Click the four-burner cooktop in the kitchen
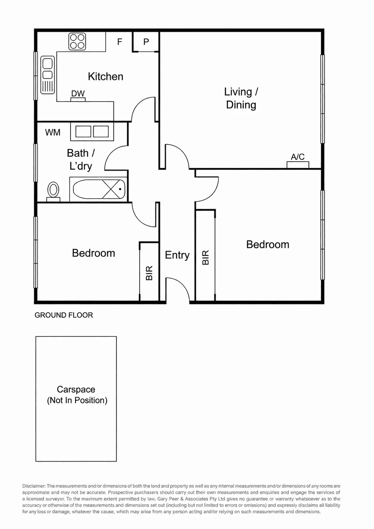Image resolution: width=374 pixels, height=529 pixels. [x=77, y=41]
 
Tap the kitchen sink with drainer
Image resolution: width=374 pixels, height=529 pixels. [x=48, y=75]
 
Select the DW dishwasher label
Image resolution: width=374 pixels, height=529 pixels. [x=78, y=94]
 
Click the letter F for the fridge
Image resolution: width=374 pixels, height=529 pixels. [x=119, y=42]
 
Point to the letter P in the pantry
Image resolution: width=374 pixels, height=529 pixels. [x=146, y=42]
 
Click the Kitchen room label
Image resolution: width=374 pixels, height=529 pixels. [x=106, y=77]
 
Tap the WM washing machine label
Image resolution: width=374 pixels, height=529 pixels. [x=53, y=132]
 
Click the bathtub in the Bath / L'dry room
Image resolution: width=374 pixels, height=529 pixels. [x=99, y=189]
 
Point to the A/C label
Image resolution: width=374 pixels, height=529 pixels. [x=297, y=156]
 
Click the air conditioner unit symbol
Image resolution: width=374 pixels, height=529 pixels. [x=298, y=165]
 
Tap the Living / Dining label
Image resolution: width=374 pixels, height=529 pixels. [x=241, y=99]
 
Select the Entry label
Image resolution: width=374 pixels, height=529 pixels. [x=177, y=255]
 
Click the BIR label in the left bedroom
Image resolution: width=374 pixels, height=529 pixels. [x=149, y=273]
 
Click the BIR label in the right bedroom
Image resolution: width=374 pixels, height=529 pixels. [x=206, y=258]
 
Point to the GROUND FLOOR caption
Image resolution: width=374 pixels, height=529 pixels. [x=64, y=315]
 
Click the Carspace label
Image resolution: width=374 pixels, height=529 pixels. [x=76, y=389]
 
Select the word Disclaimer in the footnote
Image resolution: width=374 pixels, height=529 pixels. [x=34, y=486]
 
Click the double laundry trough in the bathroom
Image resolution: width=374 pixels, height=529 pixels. [x=92, y=132]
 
